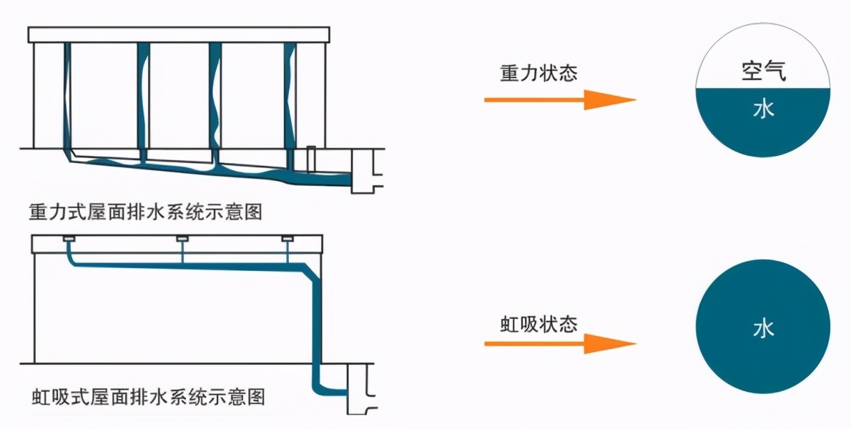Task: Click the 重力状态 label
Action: pyautogui.click(x=538, y=74)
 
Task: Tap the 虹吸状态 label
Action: pyautogui.click(x=538, y=324)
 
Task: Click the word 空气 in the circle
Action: pyautogui.click(x=763, y=71)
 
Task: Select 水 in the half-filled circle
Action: pyautogui.click(x=763, y=110)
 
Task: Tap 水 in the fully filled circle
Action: pyautogui.click(x=763, y=330)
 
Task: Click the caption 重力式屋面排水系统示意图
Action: pyautogui.click(x=147, y=212)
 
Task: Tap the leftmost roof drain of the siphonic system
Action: pyautogui.click(x=69, y=238)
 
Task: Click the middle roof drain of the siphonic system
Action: pyautogui.click(x=182, y=238)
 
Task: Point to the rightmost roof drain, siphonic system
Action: pyautogui.click(x=287, y=238)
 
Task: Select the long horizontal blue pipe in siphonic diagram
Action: pyautogui.click(x=186, y=265)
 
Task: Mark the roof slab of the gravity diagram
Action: pyautogui.click(x=179, y=34)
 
